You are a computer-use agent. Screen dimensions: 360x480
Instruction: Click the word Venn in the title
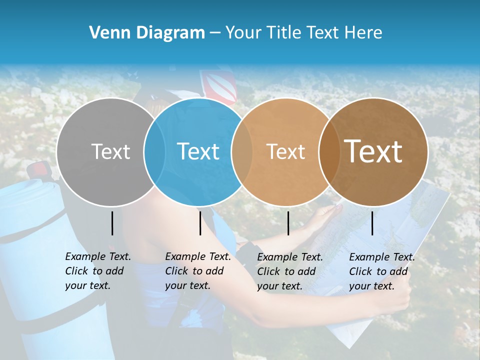(x=106, y=32)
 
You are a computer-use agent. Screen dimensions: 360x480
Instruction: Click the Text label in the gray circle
(x=110, y=151)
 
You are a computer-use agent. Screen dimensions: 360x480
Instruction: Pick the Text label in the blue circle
(x=198, y=151)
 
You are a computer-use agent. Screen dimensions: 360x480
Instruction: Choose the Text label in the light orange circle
(x=285, y=151)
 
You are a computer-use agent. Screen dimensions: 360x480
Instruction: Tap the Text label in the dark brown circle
(x=373, y=151)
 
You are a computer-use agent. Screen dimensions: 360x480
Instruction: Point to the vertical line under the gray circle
(x=112, y=223)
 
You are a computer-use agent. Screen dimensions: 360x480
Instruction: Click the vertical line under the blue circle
(x=200, y=223)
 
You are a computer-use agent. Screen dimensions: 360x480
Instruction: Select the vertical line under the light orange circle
(x=288, y=223)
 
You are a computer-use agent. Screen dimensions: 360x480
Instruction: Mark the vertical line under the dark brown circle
(x=372, y=223)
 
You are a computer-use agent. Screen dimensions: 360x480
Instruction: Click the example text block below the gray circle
(x=97, y=271)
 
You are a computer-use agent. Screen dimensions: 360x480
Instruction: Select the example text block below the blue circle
(x=197, y=271)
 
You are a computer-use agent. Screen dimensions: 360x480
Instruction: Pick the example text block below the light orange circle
(x=289, y=271)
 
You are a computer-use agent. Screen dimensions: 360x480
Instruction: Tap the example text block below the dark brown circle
(x=381, y=271)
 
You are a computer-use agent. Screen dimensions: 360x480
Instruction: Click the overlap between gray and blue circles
(x=154, y=151)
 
